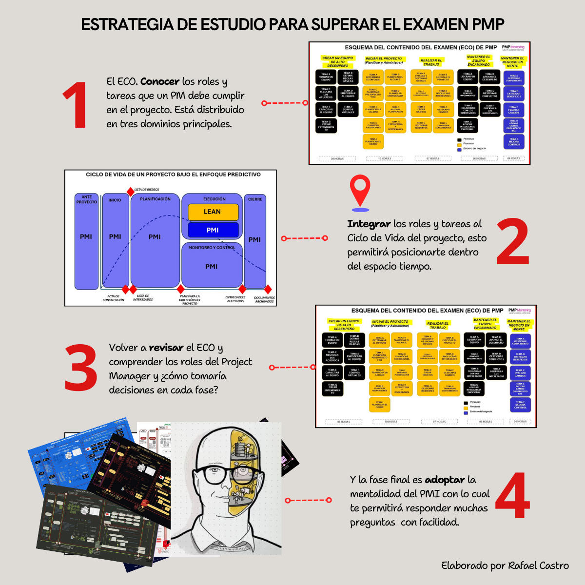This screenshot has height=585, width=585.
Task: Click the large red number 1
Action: pos(76,106)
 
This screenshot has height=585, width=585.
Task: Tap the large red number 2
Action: pos(512,242)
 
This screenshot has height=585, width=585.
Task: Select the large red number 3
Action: pos(81,368)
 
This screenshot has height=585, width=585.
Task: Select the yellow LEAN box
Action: pos(213,212)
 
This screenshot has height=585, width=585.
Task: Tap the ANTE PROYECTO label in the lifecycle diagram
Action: pos(86,199)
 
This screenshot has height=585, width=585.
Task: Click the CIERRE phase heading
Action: pos(255,199)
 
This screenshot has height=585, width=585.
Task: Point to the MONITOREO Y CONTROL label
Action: pos(212,248)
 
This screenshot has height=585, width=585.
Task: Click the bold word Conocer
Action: pos(160,81)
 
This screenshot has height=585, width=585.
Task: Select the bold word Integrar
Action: pos(369,224)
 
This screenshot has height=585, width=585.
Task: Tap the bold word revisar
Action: pos(166,348)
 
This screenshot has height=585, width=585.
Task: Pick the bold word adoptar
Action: pos(445,480)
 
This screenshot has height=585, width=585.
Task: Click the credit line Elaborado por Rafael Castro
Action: pos(505,565)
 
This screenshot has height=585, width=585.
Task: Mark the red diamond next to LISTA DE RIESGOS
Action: pos(130,191)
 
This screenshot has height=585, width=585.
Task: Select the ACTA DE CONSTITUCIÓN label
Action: pos(114,298)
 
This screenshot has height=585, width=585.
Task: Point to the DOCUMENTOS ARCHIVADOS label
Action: pos(264,299)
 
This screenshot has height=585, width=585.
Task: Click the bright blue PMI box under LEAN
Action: pos(213,230)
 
